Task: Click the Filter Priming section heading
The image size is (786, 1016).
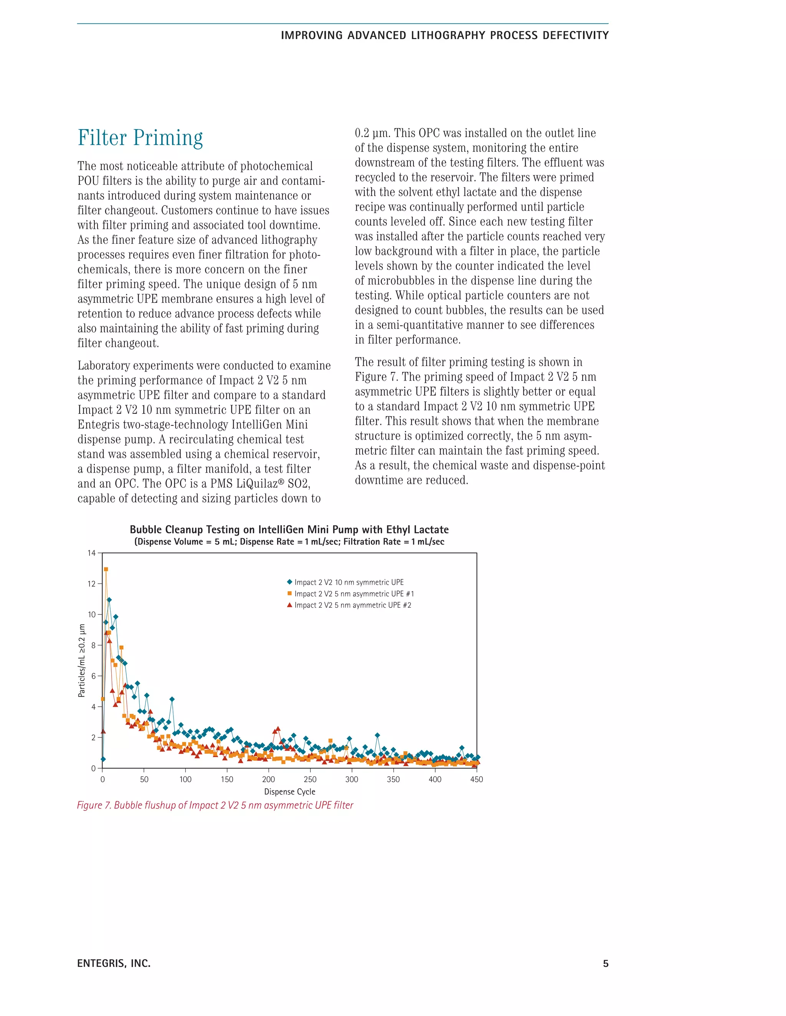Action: pos(140,138)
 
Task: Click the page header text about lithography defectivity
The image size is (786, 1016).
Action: pos(445,36)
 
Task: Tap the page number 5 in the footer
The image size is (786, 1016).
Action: pos(605,963)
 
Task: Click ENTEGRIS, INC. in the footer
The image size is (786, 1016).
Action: pos(114,963)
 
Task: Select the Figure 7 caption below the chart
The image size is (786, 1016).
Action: pos(215,805)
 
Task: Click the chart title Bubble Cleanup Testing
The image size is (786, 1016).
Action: pos(289,529)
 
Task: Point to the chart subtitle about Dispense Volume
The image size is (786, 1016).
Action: pos(289,541)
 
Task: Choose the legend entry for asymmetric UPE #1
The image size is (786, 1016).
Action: pos(353,593)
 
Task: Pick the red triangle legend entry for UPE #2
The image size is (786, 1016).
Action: pos(352,605)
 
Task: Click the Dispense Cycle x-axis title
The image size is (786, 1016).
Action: pos(290,792)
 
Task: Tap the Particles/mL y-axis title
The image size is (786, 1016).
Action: pos(82,660)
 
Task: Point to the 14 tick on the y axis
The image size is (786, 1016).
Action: pos(91,553)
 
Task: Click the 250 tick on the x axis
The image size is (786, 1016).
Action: pos(310,779)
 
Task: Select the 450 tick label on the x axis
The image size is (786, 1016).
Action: pos(476,779)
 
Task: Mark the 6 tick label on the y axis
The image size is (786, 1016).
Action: pos(92,676)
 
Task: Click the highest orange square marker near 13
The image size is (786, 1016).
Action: pos(106,569)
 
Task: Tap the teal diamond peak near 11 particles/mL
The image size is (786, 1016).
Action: pos(109,600)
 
